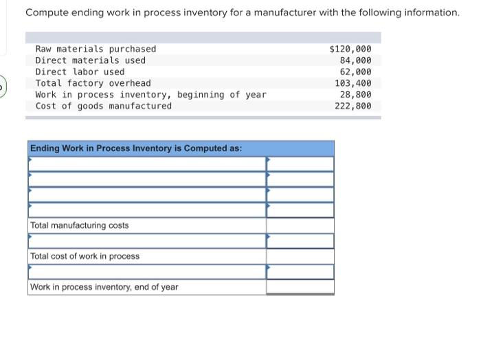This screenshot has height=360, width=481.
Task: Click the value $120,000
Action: click(x=350, y=49)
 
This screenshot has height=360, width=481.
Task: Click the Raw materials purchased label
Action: click(x=96, y=49)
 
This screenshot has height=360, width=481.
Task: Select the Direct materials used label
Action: click(x=90, y=60)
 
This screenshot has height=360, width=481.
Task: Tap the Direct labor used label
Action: click(x=80, y=71)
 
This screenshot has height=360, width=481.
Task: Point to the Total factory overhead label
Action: click(x=93, y=83)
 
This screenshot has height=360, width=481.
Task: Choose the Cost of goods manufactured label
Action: click(x=103, y=106)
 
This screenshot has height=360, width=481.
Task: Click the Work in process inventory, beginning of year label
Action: click(x=150, y=94)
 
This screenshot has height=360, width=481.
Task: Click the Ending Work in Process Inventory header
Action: click(x=135, y=148)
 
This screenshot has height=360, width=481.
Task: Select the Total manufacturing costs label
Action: click(x=79, y=225)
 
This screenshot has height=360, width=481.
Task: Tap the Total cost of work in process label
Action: click(x=85, y=256)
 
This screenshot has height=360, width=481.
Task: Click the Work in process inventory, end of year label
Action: click(x=104, y=287)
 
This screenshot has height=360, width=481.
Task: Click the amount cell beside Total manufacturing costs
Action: click(x=300, y=225)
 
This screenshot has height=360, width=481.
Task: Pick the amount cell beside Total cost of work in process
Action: click(x=300, y=256)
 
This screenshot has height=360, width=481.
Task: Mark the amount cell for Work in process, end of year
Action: click(x=300, y=287)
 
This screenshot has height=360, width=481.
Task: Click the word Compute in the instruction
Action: click(x=45, y=12)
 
